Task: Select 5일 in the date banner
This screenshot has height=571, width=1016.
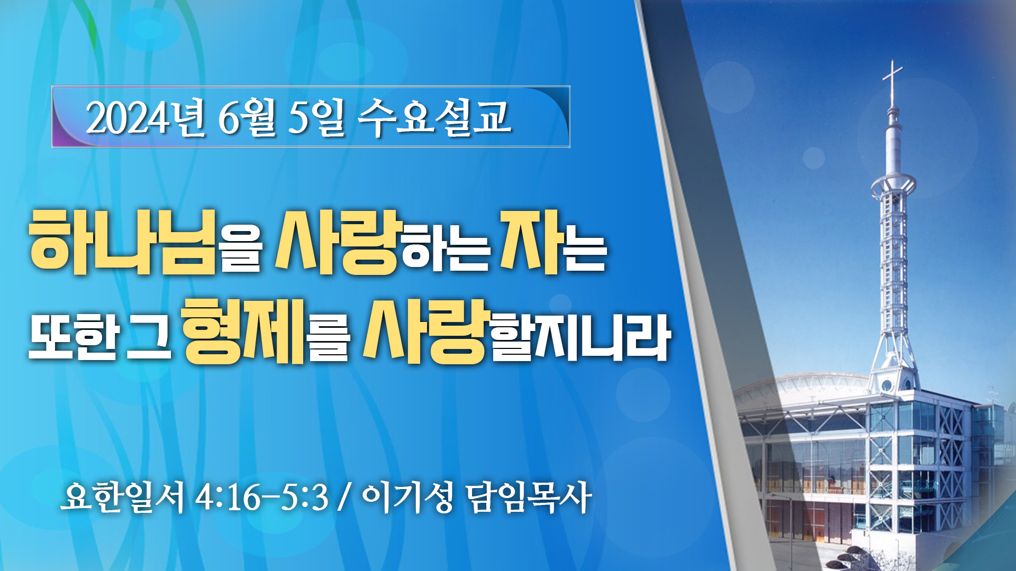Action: [316, 118]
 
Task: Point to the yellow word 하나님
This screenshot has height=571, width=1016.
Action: [123, 242]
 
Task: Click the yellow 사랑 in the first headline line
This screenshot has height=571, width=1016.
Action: [337, 242]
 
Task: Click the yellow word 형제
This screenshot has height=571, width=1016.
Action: [243, 331]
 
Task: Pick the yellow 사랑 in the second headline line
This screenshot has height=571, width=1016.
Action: [425, 331]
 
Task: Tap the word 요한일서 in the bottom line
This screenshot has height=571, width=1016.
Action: [123, 497]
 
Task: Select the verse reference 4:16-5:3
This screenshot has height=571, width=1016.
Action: [262, 498]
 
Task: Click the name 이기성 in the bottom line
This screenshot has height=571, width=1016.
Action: [407, 497]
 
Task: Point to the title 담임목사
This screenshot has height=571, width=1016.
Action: [529, 497]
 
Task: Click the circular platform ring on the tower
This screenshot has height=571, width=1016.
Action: [893, 185]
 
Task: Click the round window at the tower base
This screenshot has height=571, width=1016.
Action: [886, 384]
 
